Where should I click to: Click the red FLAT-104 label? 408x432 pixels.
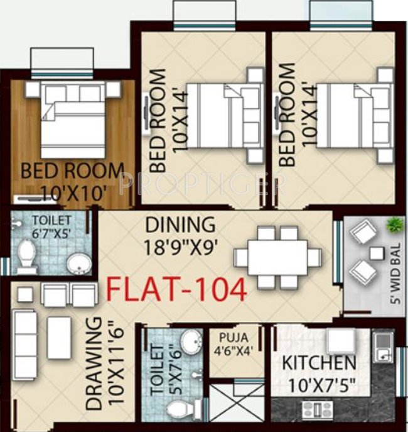[x=176, y=290]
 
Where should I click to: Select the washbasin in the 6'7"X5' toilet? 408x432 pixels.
[x=78, y=262]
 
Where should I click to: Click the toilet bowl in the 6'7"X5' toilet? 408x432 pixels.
[x=27, y=257]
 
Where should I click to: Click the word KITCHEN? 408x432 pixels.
[x=319, y=363]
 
